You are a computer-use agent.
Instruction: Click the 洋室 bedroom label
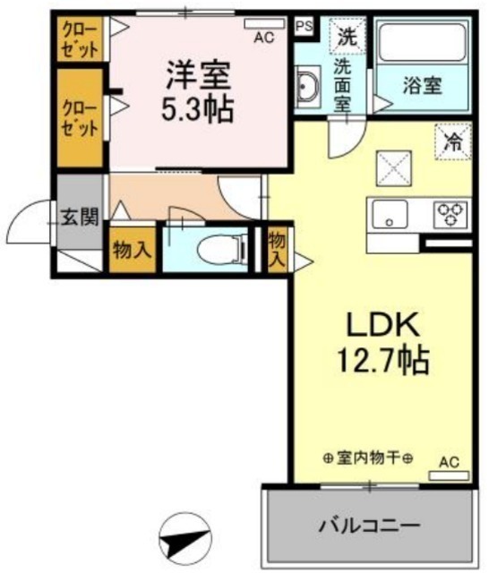click(198, 76)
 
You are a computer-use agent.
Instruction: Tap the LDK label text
click(382, 324)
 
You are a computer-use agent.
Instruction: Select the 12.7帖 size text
click(382, 360)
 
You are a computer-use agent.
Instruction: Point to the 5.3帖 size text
click(197, 109)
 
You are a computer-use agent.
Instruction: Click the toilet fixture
click(221, 250)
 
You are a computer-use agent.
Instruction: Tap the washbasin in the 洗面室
click(308, 87)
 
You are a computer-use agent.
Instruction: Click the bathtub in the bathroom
click(424, 42)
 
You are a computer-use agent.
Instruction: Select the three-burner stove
click(450, 214)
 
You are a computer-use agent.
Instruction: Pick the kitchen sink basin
click(390, 214)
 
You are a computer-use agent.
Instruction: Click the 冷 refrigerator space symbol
click(453, 141)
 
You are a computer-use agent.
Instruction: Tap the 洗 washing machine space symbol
click(347, 36)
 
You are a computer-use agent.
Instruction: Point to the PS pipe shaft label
click(305, 26)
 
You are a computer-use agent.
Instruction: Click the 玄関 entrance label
click(80, 218)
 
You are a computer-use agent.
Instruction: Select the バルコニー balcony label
click(370, 526)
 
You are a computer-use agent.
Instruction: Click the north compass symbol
click(185, 539)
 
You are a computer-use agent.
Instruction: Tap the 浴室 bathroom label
click(423, 86)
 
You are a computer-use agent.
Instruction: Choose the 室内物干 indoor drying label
click(368, 458)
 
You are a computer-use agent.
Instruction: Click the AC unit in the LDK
click(449, 475)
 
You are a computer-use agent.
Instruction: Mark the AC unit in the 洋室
click(264, 23)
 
